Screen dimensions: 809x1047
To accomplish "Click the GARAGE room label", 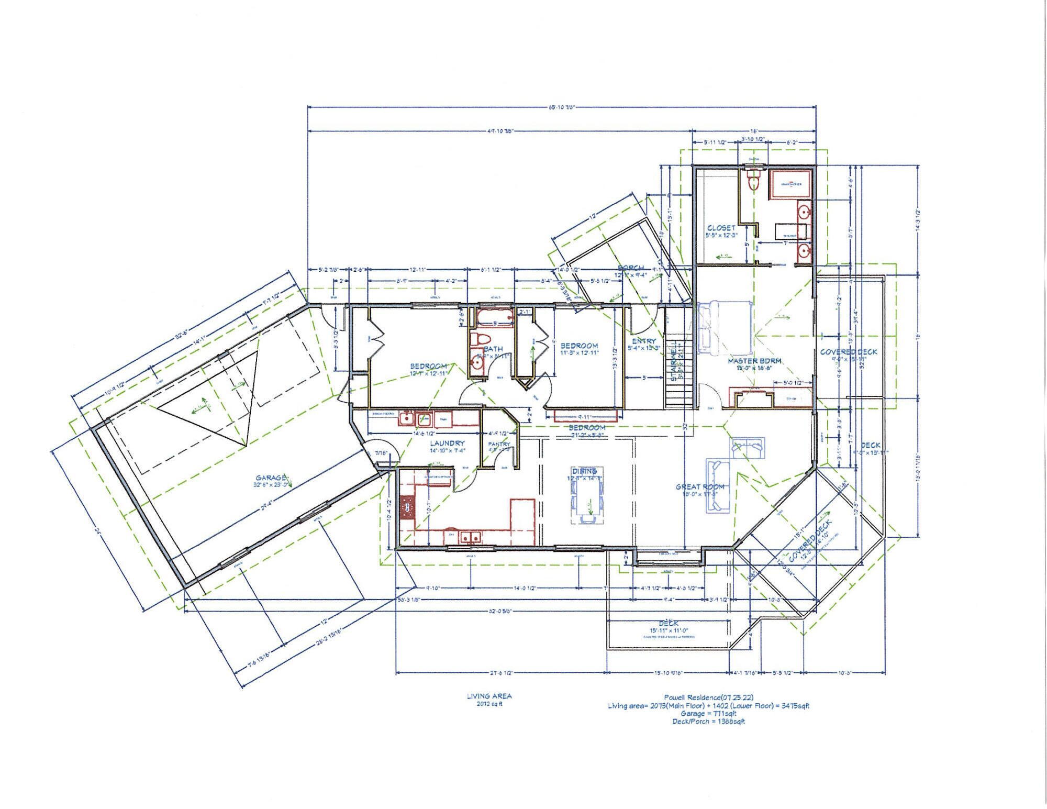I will point(271,478).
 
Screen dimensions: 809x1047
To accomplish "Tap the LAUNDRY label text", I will point(447,443).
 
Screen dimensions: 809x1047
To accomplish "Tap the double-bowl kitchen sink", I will point(471,537).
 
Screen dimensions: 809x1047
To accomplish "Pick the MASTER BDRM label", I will point(754,361).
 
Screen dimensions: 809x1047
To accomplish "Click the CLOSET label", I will point(721,228).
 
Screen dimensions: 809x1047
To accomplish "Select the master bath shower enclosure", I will point(790,184).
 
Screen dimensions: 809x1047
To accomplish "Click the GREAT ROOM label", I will point(699,486).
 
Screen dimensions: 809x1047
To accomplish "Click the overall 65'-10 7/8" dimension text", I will point(562,107).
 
